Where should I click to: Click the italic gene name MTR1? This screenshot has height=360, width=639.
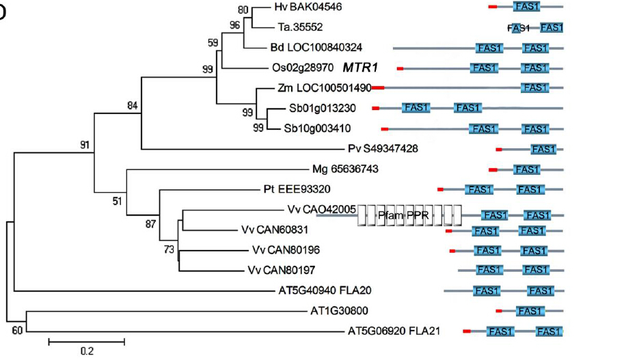click(x=360, y=68)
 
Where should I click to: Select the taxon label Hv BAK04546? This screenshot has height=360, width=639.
click(x=308, y=7)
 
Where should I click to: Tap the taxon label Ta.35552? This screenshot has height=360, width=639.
click(x=300, y=27)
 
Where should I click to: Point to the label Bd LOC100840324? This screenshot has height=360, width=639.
click(x=316, y=47)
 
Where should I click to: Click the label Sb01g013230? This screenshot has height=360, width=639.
click(x=323, y=109)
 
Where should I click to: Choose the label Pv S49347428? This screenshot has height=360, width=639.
click(x=383, y=149)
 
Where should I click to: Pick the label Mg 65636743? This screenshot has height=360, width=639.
click(x=345, y=169)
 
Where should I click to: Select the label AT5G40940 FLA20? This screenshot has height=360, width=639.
click(x=325, y=290)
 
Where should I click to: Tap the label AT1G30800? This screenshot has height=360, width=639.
click(x=339, y=311)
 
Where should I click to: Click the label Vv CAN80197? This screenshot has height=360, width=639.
click(x=281, y=270)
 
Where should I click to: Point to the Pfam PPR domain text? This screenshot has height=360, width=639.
click(x=403, y=214)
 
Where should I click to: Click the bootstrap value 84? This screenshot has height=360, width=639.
click(x=133, y=105)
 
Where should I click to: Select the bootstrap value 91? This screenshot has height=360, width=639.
click(x=85, y=145)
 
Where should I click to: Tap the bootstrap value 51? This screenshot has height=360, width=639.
click(x=118, y=201)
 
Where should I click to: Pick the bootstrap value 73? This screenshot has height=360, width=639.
click(x=169, y=249)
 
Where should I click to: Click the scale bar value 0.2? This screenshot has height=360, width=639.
click(x=87, y=351)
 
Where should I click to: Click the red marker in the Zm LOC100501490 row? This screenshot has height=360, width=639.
click(x=378, y=87)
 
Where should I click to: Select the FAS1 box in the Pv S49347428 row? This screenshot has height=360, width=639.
click(x=543, y=150)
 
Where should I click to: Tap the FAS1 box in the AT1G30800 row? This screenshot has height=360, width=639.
click(x=530, y=311)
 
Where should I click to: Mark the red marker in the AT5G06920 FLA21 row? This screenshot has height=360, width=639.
click(x=467, y=331)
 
